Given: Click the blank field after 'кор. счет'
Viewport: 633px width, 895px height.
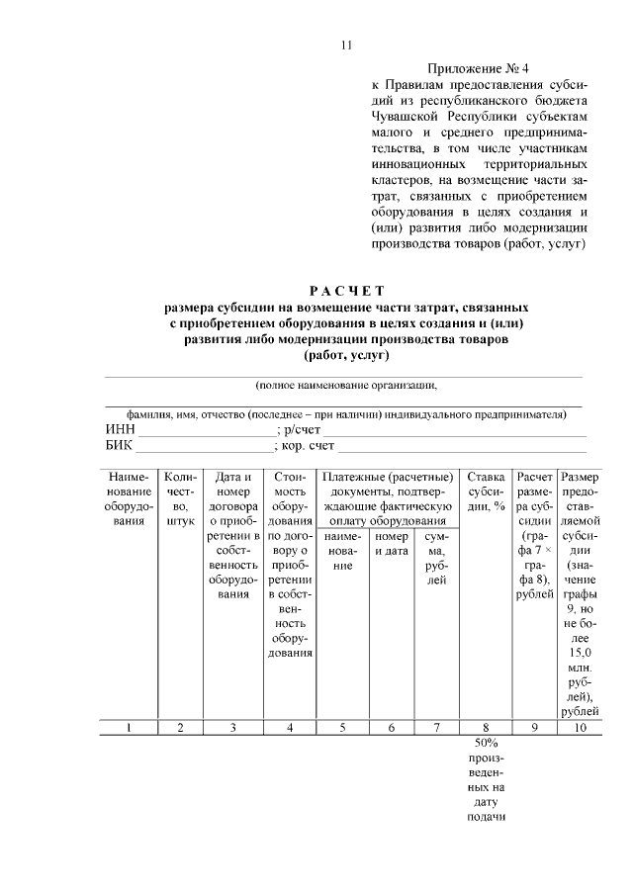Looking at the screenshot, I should coord(465,447).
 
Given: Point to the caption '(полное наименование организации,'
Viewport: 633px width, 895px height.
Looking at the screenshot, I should coord(345,385).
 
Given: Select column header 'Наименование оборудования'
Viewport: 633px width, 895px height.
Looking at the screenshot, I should coord(130,492).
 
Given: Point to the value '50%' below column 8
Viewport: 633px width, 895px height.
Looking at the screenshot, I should coord(486,743).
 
